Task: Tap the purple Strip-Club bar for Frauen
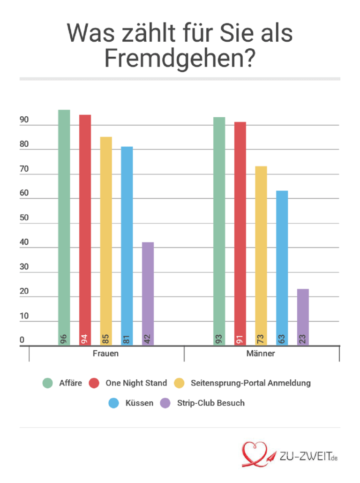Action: point(148,291)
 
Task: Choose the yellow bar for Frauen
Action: point(106,234)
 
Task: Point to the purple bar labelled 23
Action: point(303,314)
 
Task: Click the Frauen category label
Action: point(106,354)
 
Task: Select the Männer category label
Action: point(261,354)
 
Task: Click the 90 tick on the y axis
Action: point(24,121)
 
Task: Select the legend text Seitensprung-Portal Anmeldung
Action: point(251,383)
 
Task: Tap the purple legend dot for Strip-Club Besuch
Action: point(165,403)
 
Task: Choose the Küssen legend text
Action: point(139,403)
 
